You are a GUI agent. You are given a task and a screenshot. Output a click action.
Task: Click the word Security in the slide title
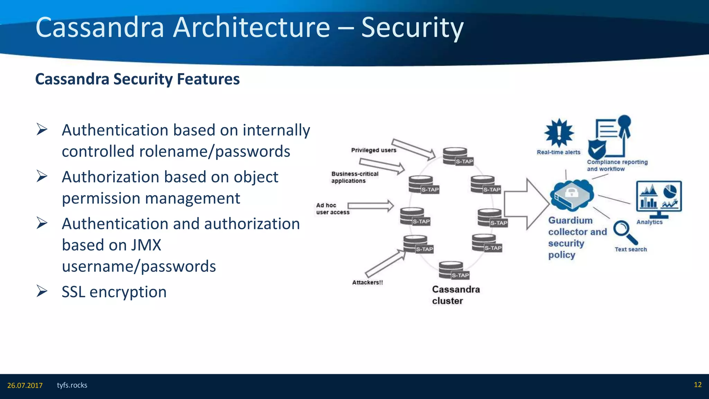point(412,28)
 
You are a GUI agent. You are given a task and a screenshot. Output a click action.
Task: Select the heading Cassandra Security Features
point(137,79)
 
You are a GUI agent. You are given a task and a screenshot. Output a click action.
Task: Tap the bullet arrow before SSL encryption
point(42,291)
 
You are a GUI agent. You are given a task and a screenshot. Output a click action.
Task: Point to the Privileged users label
point(374,150)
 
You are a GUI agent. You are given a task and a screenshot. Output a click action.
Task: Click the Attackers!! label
point(367,283)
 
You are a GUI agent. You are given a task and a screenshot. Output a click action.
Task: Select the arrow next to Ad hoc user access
point(371,206)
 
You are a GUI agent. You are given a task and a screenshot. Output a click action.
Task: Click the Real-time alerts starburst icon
point(559,133)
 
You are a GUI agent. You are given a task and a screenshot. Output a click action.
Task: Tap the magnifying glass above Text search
point(625,232)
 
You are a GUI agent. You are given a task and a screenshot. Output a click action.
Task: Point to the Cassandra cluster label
point(456,295)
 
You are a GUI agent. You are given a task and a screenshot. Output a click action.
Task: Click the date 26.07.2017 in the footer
point(25,385)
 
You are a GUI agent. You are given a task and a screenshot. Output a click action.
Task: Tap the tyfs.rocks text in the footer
point(72,385)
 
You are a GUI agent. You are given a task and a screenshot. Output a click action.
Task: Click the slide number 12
point(698,385)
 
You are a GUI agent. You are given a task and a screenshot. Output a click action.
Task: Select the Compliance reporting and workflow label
point(617,166)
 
